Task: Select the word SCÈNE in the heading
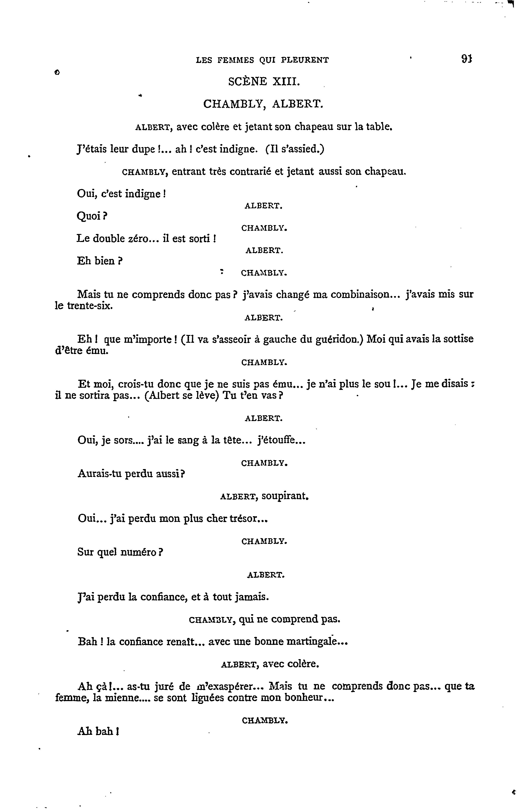248,82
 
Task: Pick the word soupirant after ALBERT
285,496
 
